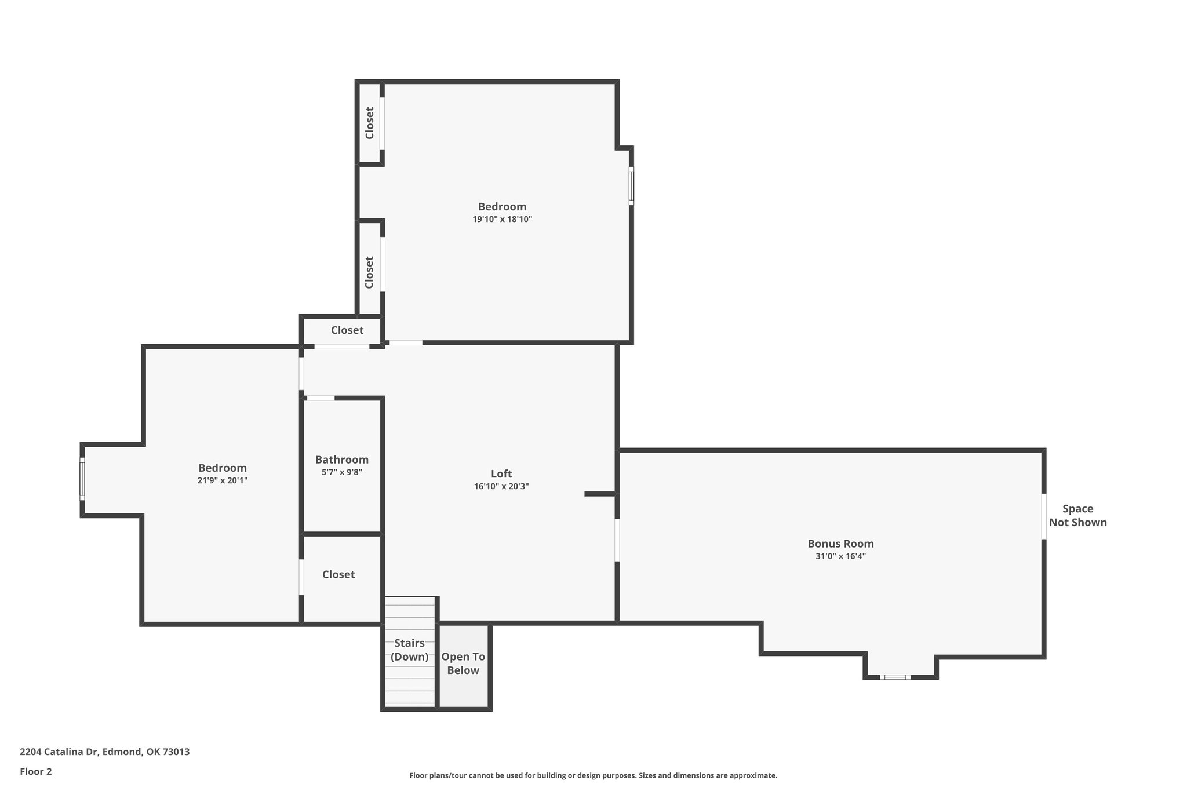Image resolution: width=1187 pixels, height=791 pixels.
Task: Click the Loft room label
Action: click(x=501, y=474)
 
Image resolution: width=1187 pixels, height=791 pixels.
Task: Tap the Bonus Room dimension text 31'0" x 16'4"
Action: click(x=840, y=556)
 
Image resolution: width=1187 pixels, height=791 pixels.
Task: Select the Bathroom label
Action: click(x=342, y=460)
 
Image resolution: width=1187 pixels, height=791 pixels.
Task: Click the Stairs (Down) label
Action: click(x=409, y=650)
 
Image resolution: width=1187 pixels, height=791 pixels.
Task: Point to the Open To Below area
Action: click(x=463, y=664)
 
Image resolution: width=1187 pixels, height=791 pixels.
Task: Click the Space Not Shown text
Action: click(x=1077, y=515)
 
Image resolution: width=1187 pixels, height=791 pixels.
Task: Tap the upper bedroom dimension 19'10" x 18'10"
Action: click(x=502, y=219)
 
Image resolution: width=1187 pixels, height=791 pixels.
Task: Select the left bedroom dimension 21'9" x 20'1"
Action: click(x=223, y=480)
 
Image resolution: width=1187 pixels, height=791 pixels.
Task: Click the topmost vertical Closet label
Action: click(x=369, y=123)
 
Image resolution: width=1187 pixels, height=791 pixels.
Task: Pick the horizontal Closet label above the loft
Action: click(x=347, y=330)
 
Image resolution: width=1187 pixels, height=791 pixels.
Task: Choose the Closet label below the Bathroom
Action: click(x=338, y=574)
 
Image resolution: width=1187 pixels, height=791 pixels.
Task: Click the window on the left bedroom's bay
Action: click(x=82, y=479)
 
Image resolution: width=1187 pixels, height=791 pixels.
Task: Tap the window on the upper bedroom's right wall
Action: click(x=631, y=185)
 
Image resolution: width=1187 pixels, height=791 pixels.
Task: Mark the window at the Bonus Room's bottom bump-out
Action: click(x=894, y=677)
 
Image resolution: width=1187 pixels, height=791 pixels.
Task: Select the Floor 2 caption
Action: click(x=36, y=771)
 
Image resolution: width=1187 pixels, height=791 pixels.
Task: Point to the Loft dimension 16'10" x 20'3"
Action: click(x=501, y=487)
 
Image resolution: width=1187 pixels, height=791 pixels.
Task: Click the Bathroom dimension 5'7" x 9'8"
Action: click(x=342, y=472)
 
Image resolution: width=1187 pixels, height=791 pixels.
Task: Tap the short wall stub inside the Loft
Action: click(x=600, y=494)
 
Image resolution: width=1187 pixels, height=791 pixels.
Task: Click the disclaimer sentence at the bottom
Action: click(x=593, y=775)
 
